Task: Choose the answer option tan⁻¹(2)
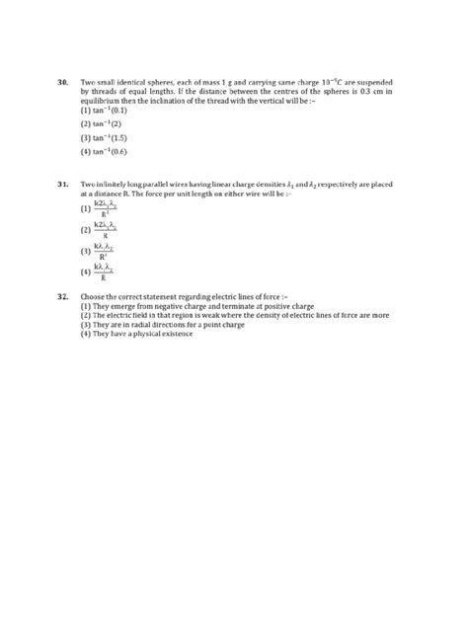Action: pos(102,124)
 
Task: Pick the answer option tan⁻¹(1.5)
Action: pos(105,138)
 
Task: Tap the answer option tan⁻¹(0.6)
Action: pos(105,152)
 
